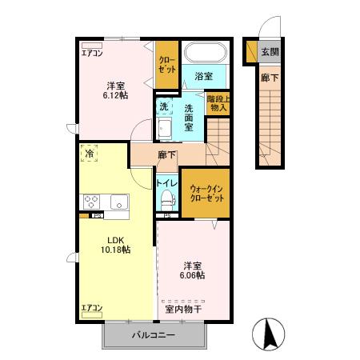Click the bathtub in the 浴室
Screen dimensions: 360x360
206,54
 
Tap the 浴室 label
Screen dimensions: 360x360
204,76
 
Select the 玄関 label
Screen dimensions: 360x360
270,52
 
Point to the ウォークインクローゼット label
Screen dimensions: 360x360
205,193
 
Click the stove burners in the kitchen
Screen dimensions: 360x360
89,201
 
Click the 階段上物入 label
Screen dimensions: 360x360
218,102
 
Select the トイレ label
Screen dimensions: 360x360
166,182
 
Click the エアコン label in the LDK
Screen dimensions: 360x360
91,307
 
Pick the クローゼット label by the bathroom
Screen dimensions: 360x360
166,64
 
